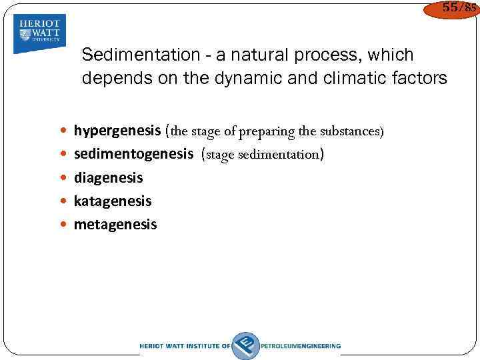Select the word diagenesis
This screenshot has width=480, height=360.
(x=108, y=178)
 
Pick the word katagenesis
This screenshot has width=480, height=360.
(x=113, y=201)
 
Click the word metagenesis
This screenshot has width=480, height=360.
(x=115, y=225)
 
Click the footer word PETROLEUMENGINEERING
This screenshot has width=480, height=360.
(x=302, y=346)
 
